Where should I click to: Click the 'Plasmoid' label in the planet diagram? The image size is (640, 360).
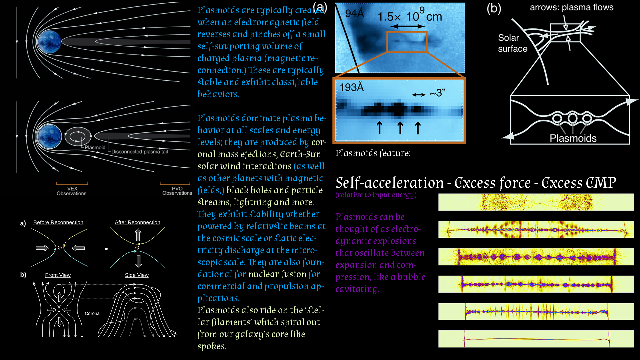(95, 147)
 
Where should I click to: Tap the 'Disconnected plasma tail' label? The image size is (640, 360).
(139, 152)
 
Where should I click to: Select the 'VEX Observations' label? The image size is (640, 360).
(72, 191)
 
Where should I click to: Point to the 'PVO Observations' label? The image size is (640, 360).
(177, 191)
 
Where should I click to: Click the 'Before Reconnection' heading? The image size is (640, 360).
(58, 222)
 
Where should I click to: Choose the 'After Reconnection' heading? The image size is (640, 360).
(137, 222)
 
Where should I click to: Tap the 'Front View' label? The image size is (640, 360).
(58, 275)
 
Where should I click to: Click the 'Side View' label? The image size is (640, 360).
(137, 275)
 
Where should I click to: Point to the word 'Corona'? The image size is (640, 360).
(92, 313)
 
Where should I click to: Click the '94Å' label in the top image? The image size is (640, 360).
(354, 13)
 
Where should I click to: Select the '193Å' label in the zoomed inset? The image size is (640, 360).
(352, 87)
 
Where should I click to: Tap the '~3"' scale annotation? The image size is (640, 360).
(437, 93)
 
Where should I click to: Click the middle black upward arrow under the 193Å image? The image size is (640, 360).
(400, 128)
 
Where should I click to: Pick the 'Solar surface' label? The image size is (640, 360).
(513, 43)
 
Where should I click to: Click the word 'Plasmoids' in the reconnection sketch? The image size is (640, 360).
(573, 138)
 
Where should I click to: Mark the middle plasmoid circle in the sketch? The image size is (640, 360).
(572, 118)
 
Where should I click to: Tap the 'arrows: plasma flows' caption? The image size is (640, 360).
(572, 7)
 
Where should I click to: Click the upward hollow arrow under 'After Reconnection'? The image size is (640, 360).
(138, 235)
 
